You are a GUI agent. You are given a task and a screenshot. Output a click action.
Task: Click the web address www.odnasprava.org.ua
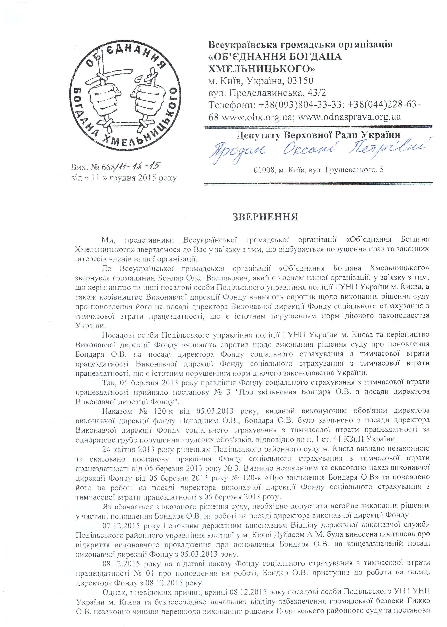349,117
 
